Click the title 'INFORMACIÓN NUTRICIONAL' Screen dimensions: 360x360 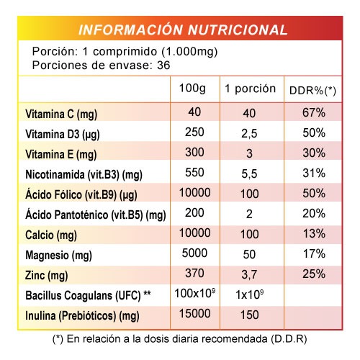[x=183, y=30]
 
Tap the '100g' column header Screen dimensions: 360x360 [x=192, y=89]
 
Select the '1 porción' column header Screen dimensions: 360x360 [x=250, y=89]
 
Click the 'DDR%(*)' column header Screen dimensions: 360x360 [x=312, y=91]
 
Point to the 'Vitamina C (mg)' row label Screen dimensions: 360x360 [x=61, y=114]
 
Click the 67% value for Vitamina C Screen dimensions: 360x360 [x=314, y=112]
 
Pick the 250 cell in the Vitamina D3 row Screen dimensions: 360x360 [x=194, y=132]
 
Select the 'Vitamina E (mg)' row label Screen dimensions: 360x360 [x=61, y=155]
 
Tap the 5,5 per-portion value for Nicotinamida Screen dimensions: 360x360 [x=249, y=174]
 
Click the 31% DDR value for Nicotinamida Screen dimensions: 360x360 [x=314, y=173]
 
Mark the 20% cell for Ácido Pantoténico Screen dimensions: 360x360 [x=314, y=213]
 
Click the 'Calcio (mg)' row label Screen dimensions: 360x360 [x=51, y=235]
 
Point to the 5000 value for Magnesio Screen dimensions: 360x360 [x=194, y=253]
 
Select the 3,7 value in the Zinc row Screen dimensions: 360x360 [x=249, y=274]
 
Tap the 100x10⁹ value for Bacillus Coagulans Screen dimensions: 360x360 [x=194, y=293]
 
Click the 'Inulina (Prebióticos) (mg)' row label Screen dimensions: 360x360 [x=82, y=316]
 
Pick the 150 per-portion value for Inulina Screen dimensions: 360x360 [x=250, y=315]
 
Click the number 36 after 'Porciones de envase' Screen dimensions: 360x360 [x=163, y=66]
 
